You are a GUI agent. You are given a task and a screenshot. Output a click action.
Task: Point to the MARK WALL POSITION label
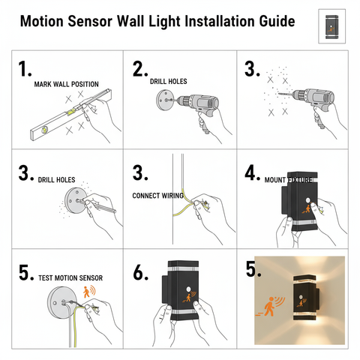tap(66, 84)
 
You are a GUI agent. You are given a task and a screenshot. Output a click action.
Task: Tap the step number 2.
tap(139, 69)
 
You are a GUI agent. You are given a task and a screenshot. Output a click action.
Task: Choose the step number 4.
tap(252, 171)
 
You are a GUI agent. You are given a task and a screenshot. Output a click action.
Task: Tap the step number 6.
tap(139, 274)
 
